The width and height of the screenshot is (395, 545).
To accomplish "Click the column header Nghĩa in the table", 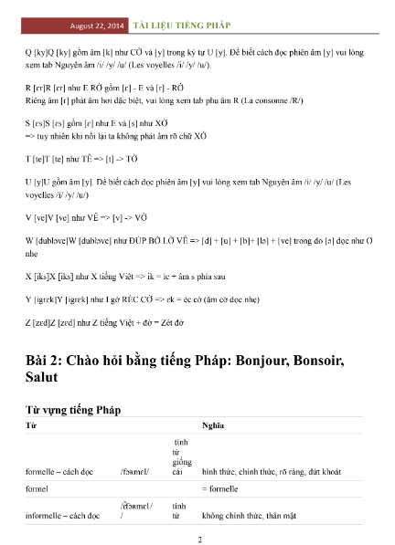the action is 212,426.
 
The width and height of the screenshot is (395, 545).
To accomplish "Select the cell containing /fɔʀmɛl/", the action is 133,471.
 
